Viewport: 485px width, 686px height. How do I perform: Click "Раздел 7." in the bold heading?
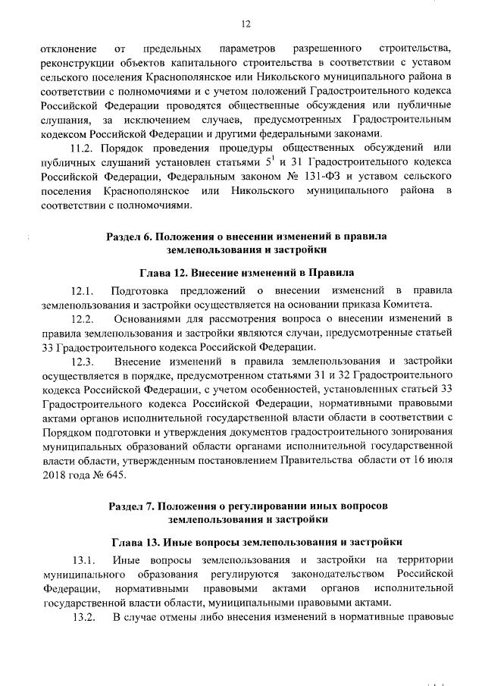pos(133,506)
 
